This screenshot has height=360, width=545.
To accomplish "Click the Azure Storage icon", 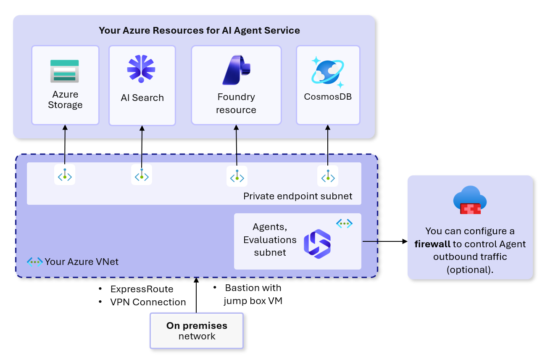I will point(65,71).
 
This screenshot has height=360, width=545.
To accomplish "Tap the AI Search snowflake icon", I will point(141,69).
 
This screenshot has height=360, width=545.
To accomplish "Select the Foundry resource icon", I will point(236,70).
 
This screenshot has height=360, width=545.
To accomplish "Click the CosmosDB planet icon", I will point(328,72).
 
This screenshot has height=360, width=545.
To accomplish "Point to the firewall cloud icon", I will point(470,200).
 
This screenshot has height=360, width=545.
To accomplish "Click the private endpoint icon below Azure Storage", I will point(65,175).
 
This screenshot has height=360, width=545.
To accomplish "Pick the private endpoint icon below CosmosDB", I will point(328,176).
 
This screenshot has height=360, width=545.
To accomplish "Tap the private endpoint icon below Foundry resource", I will point(237,176).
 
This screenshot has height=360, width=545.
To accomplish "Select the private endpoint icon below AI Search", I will point(142,175).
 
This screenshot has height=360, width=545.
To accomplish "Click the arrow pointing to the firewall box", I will point(384,241).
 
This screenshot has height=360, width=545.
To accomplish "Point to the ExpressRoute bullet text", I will point(142,289).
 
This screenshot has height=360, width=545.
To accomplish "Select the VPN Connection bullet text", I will point(148,302).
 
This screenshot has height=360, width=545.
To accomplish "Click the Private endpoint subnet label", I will point(298,196).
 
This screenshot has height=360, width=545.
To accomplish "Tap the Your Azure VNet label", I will point(82,262).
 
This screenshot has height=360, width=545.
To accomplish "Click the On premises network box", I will point(197,331).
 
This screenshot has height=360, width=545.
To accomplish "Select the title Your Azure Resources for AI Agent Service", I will point(199,30).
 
